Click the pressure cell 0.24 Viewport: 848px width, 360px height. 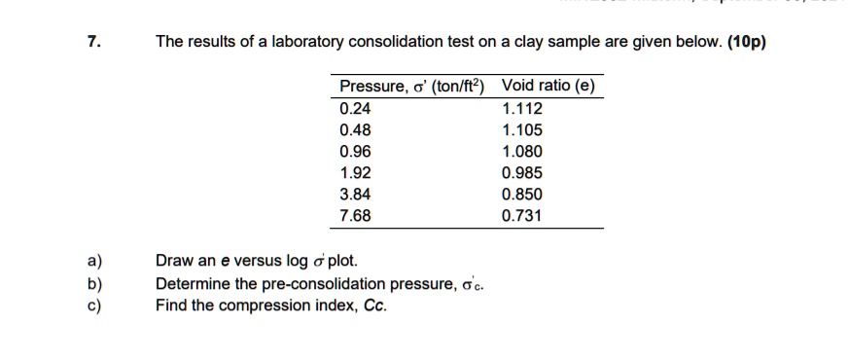point(354,108)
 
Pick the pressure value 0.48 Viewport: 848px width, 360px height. point(354,129)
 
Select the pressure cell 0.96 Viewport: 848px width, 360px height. point(354,151)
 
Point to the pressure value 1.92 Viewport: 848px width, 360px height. point(354,173)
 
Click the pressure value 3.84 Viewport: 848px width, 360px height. point(354,194)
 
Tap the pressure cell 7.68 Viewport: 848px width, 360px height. point(354,215)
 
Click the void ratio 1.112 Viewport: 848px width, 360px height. point(522,108)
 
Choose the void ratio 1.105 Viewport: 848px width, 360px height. point(522,129)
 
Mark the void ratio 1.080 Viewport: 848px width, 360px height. point(522,151)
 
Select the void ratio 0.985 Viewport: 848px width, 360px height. point(522,173)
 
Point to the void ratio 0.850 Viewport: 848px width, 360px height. point(522,194)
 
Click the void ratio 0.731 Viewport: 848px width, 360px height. point(522,215)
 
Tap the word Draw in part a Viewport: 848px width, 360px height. point(173,262)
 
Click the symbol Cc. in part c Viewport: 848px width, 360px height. point(373,306)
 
